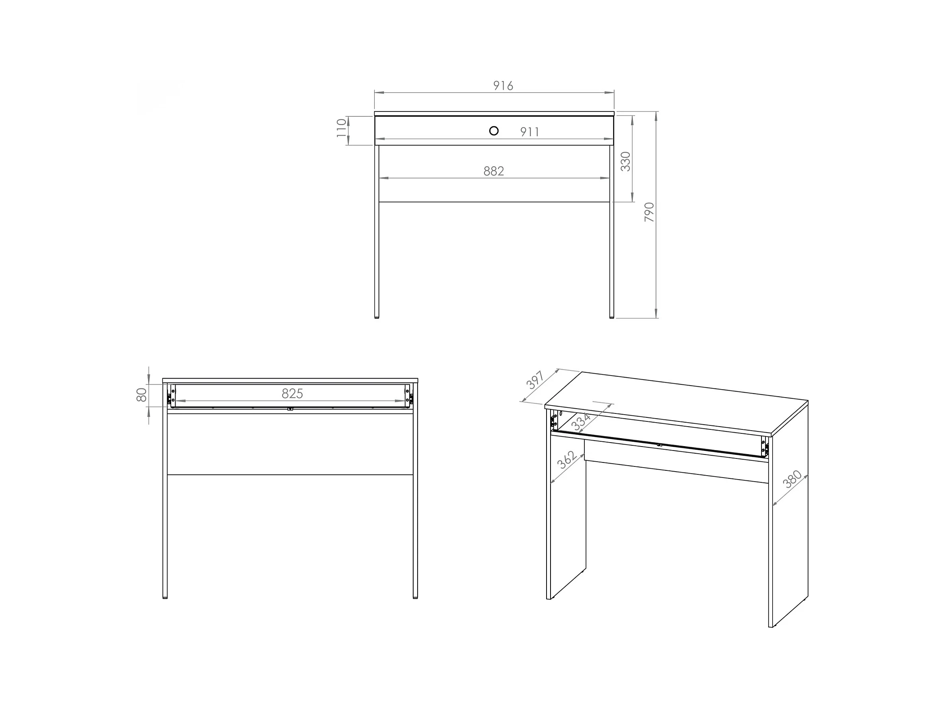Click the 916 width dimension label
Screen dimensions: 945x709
[503, 86]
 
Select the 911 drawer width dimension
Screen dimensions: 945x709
[530, 133]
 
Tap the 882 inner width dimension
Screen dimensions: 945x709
[494, 171]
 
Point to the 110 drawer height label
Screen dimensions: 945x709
[342, 128]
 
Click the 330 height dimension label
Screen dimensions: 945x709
[625, 162]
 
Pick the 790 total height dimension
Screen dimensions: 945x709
[649, 212]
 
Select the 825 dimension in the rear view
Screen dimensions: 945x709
[292, 394]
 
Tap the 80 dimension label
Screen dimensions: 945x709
[141, 395]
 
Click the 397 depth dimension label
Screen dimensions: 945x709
[535, 380]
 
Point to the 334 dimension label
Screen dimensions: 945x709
[582, 422]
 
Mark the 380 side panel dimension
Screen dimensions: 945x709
[792, 480]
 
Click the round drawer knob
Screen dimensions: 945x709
[494, 131]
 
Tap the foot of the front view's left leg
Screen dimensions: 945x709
[377, 317]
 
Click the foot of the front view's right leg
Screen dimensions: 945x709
[612, 317]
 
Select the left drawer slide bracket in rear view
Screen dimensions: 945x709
[171, 396]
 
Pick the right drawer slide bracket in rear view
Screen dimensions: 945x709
[409, 396]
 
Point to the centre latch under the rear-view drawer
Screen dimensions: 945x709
[290, 409]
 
